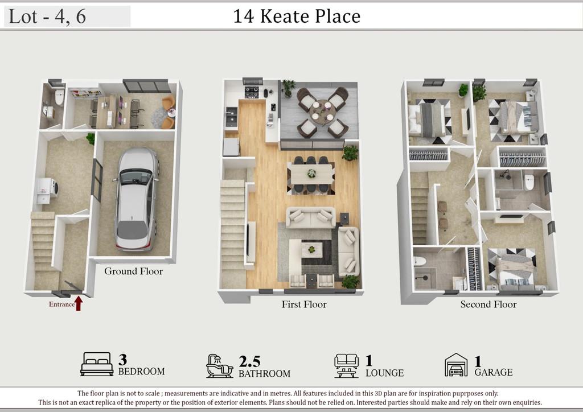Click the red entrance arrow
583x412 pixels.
pyautogui.click(x=79, y=303)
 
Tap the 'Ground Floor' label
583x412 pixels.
pyautogui.click(x=133, y=271)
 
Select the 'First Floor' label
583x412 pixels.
pyautogui.click(x=304, y=304)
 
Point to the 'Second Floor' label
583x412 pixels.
pyautogui.click(x=488, y=304)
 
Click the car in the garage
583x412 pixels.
pyautogui.click(x=136, y=199)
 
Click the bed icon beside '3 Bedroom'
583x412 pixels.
pyautogui.click(x=97, y=364)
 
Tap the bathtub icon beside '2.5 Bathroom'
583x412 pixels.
pyautogui.click(x=219, y=366)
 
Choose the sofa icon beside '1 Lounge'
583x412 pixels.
pyautogui.click(x=346, y=365)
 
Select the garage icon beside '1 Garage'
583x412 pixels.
pyautogui.click(x=456, y=365)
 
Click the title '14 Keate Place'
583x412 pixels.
pyautogui.click(x=297, y=16)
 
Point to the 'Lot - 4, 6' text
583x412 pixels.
pyautogui.click(x=47, y=17)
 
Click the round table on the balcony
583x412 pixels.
pyautogui.click(x=322, y=110)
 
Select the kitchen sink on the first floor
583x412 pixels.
pyautogui.click(x=232, y=114)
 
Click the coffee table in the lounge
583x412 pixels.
pyautogui.click(x=311, y=249)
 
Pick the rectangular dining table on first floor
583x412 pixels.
pyautogui.click(x=311, y=174)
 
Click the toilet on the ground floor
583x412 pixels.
pyautogui.click(x=59, y=97)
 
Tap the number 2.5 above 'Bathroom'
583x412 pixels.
pyautogui.click(x=249, y=361)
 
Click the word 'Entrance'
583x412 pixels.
pyautogui.click(x=61, y=304)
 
